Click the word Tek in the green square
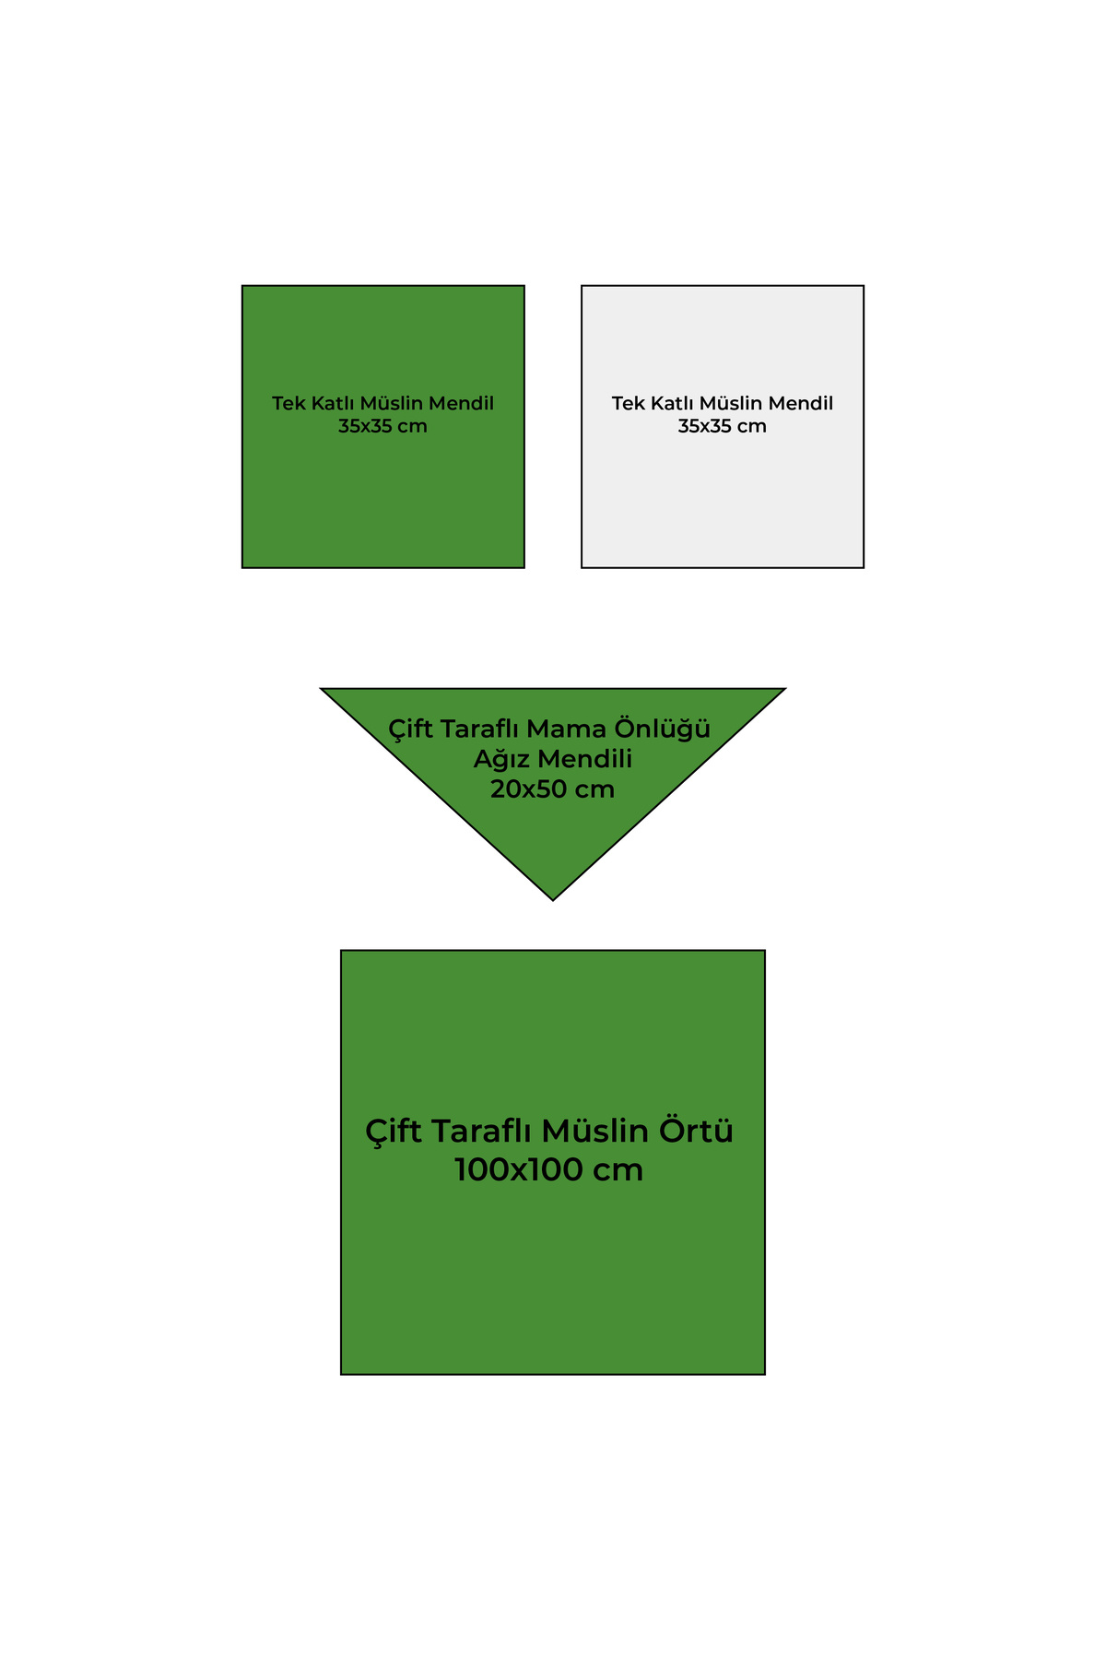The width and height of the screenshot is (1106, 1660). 288,403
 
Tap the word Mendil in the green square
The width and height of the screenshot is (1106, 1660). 462,403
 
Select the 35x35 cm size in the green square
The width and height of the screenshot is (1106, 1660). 382,426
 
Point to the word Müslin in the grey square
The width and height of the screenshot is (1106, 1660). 731,403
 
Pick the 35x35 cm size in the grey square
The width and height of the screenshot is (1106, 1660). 723,426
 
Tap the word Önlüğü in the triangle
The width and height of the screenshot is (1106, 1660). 664,728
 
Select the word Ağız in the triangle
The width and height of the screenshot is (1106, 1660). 501,759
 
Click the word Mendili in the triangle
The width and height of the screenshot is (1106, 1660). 585,759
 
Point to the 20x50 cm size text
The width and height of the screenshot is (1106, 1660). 553,789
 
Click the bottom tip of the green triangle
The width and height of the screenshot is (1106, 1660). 553,900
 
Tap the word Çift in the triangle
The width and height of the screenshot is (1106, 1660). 410,729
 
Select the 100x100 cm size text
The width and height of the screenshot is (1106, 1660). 549,1170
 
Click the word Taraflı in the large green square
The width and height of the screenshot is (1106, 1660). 479,1132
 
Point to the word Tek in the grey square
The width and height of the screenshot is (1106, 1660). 628,403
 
